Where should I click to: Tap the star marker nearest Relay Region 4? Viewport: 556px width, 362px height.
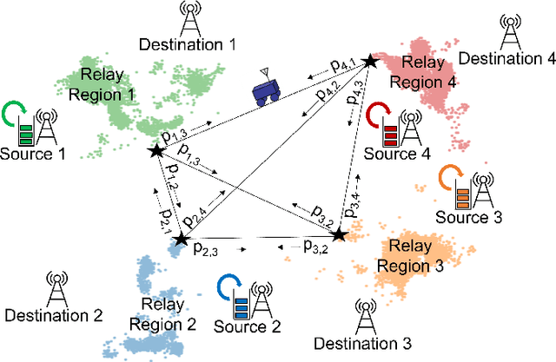point(371,61)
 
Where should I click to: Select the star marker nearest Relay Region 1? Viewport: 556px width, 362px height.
point(156,152)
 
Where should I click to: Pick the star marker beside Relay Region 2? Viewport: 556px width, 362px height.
point(181,238)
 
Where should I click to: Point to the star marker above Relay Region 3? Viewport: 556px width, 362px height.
point(340,234)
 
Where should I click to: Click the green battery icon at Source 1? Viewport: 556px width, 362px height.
point(26,130)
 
